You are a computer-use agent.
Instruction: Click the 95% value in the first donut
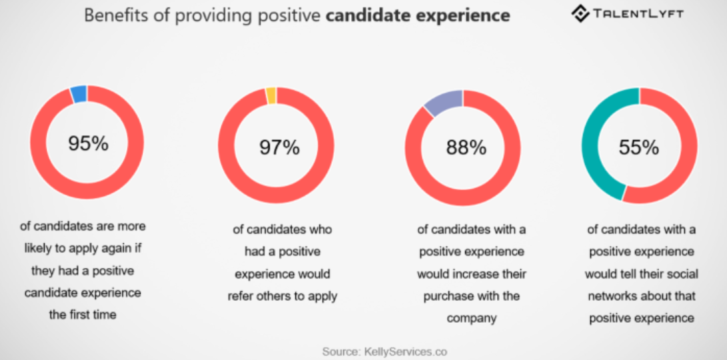tap(87, 143)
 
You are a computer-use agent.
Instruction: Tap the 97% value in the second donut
tap(279, 147)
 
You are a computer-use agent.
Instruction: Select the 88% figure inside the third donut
tap(466, 147)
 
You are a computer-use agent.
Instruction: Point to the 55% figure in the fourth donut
tap(638, 147)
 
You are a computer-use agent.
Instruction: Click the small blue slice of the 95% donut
tap(79, 94)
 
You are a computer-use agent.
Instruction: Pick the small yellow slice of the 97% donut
tap(271, 96)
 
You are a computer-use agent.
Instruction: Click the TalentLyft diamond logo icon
tap(580, 14)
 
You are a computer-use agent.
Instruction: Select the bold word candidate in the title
tap(361, 15)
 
